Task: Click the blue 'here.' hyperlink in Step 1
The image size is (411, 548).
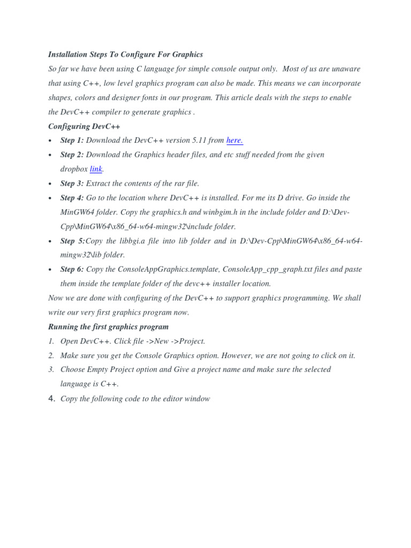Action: point(234,141)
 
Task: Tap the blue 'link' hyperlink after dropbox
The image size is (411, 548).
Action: point(96,169)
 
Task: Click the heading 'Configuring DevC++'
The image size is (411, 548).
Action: point(85,126)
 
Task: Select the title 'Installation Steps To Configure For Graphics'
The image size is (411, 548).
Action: point(126,55)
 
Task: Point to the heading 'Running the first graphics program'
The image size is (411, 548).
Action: point(108,326)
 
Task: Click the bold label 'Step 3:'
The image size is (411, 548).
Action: point(72,184)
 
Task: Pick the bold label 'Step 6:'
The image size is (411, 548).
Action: point(72,269)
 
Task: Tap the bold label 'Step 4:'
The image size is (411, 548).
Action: point(72,198)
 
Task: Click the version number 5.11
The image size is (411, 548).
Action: point(199,141)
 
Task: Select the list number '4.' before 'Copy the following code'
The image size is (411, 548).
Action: point(52,399)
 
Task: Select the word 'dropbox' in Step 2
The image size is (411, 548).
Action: point(74,169)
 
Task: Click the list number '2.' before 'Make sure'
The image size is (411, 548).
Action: point(51,355)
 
